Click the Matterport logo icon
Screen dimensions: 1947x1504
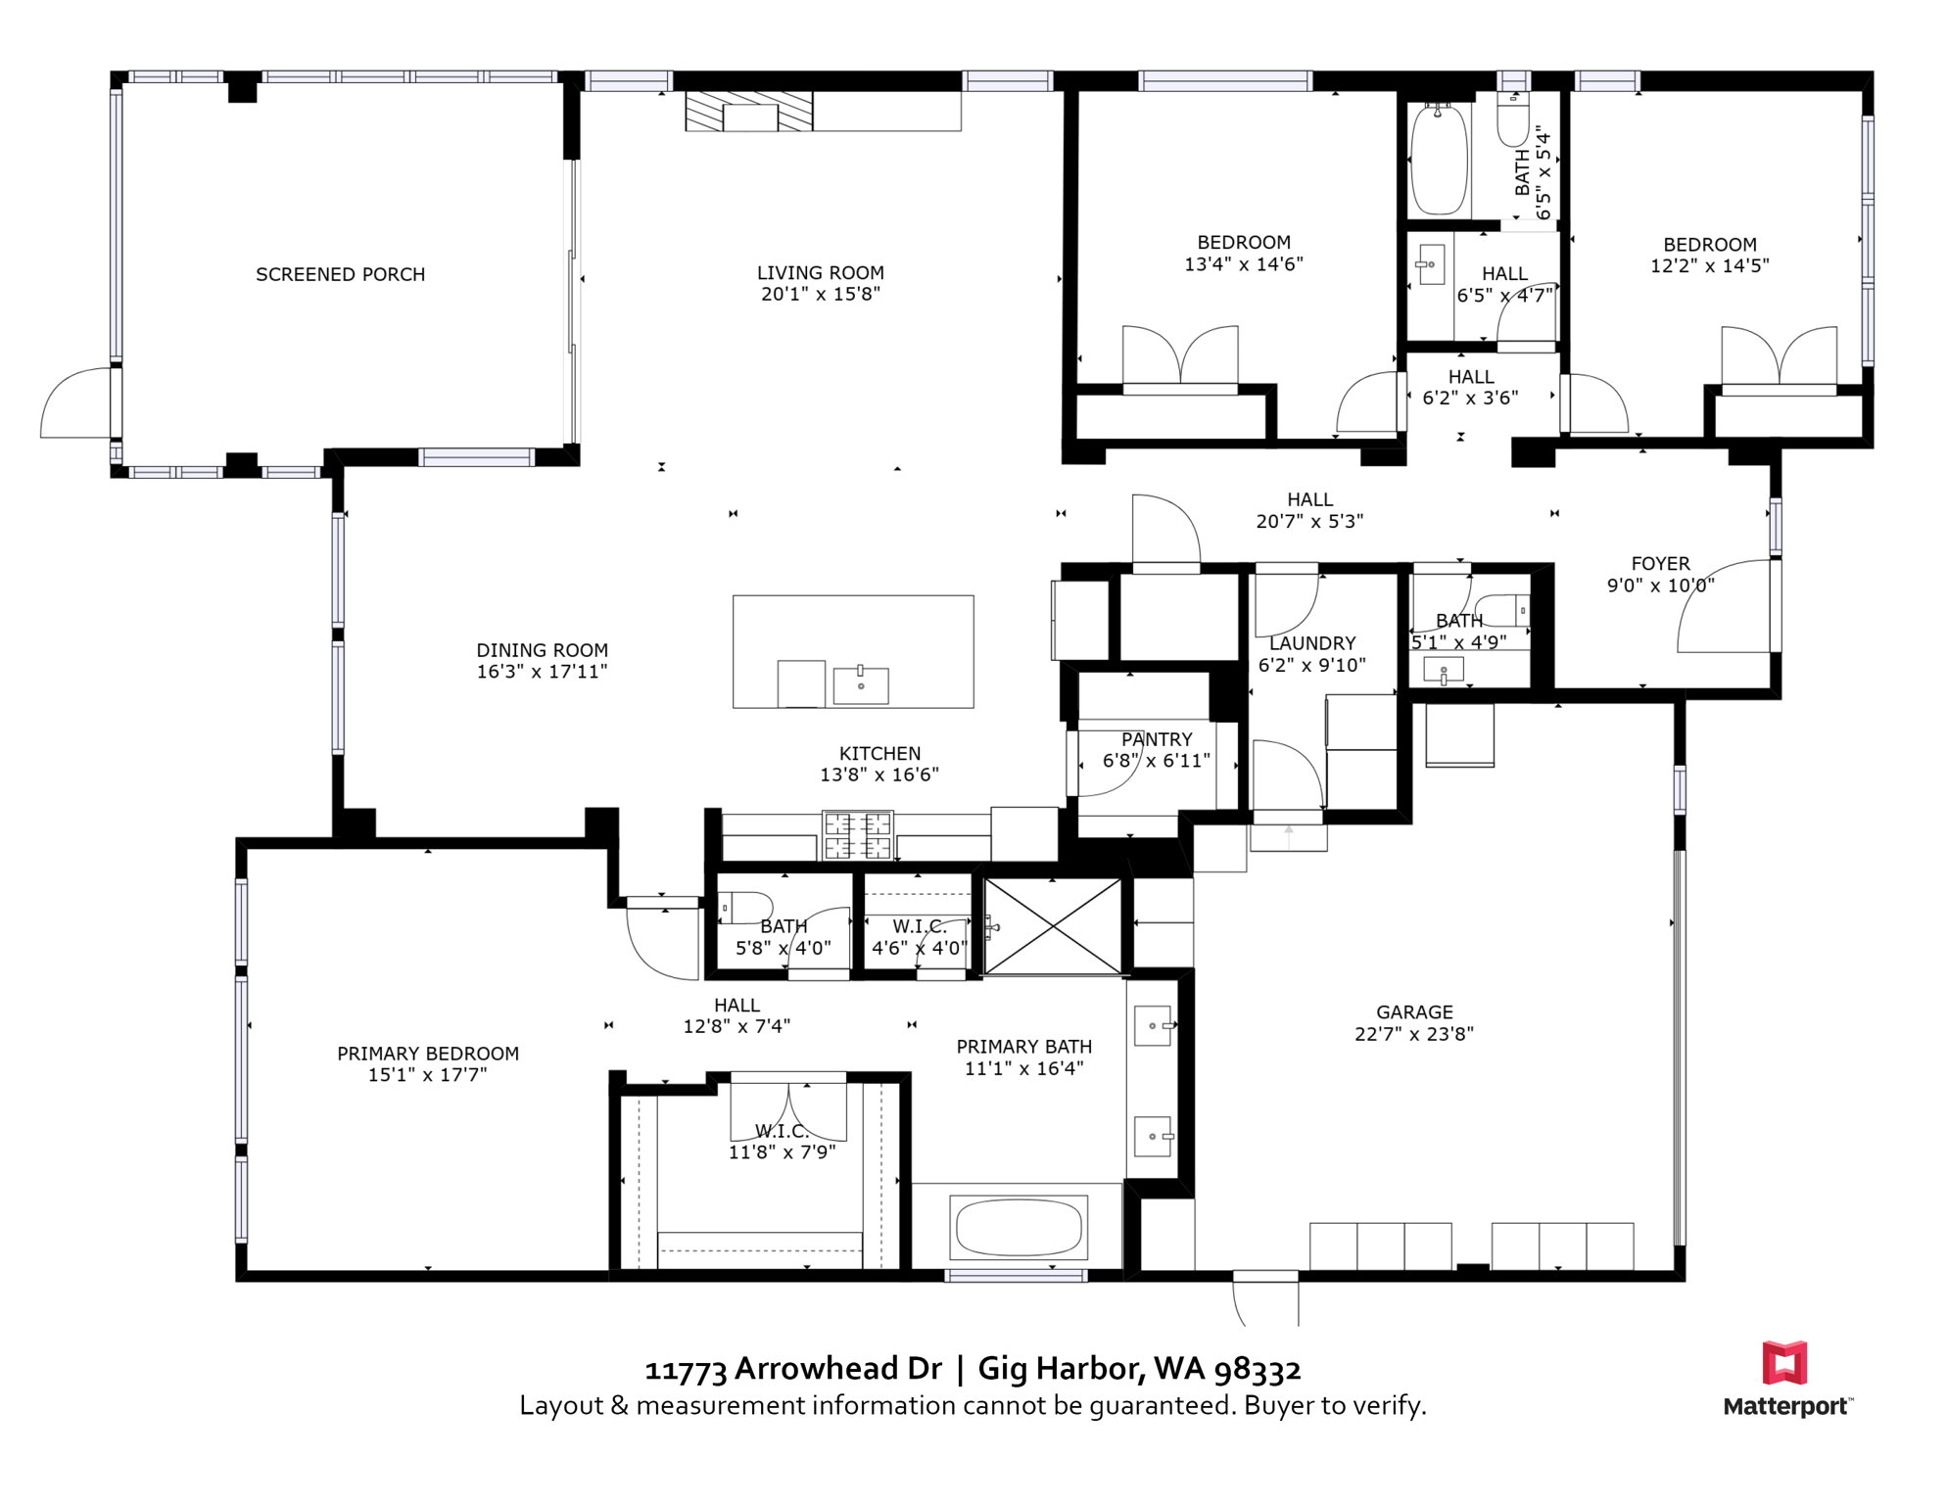point(1784,1363)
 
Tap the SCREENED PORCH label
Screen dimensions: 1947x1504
point(341,275)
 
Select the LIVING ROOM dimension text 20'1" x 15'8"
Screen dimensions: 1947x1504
point(821,294)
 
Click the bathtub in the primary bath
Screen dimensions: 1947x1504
point(1019,1228)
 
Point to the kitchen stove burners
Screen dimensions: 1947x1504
point(858,835)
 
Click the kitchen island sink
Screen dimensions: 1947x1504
point(861,685)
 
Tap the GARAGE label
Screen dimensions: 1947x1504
point(1414,1012)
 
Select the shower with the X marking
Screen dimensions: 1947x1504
point(1053,926)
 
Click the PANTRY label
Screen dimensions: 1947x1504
point(1157,740)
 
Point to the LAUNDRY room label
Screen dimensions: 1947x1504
point(1312,643)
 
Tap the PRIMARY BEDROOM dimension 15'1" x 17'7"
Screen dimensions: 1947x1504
point(428,1075)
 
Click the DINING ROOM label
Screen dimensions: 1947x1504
point(542,651)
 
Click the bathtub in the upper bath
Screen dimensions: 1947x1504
point(1439,160)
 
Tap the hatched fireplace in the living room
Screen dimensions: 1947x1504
point(749,112)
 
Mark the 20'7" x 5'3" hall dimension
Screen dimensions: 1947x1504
point(1309,522)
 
